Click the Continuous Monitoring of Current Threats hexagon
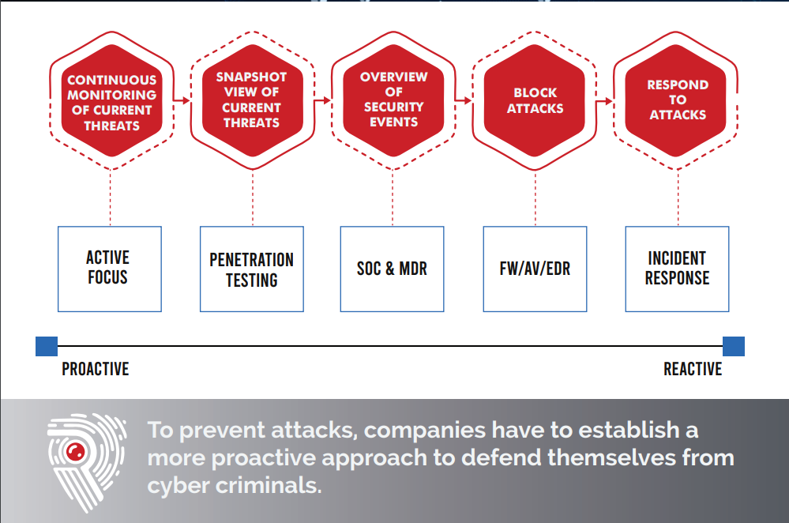pos(111,100)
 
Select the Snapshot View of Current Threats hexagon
pos(253,100)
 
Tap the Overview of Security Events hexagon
pos(393,100)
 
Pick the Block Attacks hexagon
pos(535,100)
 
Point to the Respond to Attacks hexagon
pos(676,100)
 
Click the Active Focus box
pos(110,269)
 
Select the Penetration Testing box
pos(252,269)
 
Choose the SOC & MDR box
pos(392,269)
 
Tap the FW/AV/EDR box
pos(535,269)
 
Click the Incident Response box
pos(678,269)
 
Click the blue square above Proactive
pos(47,346)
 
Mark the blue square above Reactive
pos(734,346)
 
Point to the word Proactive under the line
pos(96,369)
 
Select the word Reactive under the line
pos(693,369)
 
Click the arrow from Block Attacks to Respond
pos(605,101)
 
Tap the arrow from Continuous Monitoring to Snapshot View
pos(182,100)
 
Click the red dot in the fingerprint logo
pos(76,452)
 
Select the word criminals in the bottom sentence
pos(269,486)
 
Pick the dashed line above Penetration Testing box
pos(253,198)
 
